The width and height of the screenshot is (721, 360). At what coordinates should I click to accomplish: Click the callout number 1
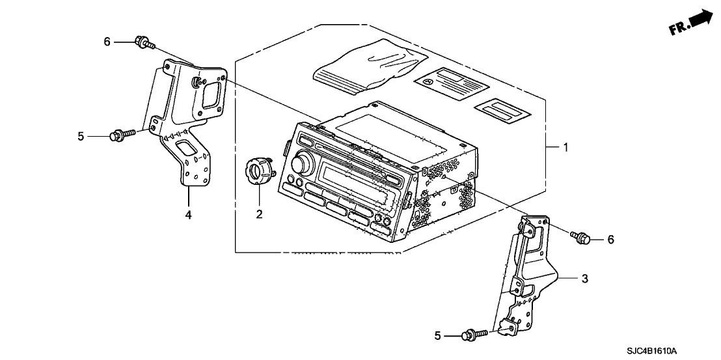565,148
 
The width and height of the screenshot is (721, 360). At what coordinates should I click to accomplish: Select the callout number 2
259,214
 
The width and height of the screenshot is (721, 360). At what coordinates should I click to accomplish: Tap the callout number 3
584,279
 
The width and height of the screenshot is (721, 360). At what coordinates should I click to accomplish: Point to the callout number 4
188,214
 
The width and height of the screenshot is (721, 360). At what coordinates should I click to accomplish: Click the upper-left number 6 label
107,42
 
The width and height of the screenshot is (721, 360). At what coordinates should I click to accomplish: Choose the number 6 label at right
610,240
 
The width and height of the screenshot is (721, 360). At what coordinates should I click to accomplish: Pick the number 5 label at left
81,136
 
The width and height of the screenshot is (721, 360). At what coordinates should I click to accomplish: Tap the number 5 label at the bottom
438,336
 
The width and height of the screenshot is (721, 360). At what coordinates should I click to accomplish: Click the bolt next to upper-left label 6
144,44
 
